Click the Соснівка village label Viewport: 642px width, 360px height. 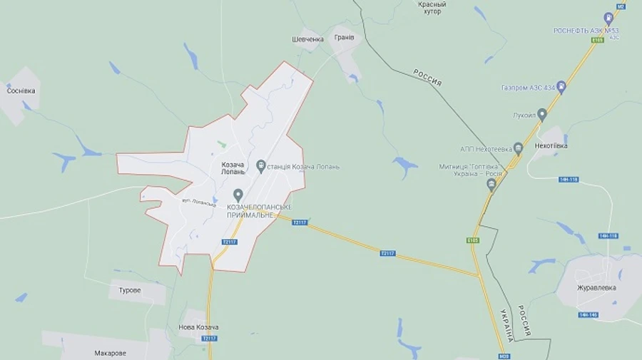pyautogui.click(x=21, y=91)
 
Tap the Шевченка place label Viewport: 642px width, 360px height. pyautogui.click(x=308, y=39)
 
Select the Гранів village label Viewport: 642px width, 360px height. pyautogui.click(x=344, y=37)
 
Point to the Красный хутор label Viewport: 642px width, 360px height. pyautogui.click(x=432, y=8)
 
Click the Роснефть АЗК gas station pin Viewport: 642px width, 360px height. pyautogui.click(x=608, y=18)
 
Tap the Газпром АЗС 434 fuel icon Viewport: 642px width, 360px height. pyautogui.click(x=561, y=88)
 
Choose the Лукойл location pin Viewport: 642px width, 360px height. pyautogui.click(x=542, y=114)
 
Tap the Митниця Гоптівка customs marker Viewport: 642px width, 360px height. pyautogui.click(x=491, y=185)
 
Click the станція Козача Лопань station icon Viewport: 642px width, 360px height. pyautogui.click(x=261, y=167)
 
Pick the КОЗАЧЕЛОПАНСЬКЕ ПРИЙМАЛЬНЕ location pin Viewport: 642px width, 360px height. pyautogui.click(x=238, y=195)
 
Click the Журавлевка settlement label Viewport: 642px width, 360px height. pyautogui.click(x=596, y=288)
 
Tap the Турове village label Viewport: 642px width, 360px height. pyautogui.click(x=129, y=291)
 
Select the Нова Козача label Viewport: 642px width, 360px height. pyautogui.click(x=198, y=327)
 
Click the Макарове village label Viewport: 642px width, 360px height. pyautogui.click(x=111, y=353)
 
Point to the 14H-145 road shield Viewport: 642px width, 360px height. pyautogui.click(x=588, y=314)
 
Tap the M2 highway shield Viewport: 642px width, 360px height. pyautogui.click(x=620, y=6)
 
